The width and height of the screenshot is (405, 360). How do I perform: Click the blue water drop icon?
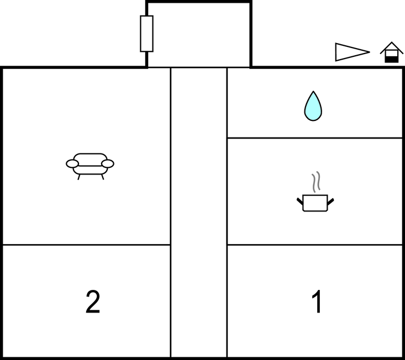313,107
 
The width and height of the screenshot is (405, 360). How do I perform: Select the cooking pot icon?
315,203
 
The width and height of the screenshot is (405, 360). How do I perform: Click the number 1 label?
317,301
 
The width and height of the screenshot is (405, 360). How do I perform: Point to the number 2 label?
93,301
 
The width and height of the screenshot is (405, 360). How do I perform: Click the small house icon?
392,52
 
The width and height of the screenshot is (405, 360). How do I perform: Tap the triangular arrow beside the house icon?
353,52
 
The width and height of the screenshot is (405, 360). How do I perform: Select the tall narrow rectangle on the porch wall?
147,34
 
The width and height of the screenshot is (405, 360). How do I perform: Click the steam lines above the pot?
316,182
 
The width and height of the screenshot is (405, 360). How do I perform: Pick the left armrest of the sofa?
72,163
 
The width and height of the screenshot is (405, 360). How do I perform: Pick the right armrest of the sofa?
108,163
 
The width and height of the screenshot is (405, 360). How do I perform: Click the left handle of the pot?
300,202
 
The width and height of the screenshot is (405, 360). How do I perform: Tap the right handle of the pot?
330,202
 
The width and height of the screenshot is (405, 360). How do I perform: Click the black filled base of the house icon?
392,60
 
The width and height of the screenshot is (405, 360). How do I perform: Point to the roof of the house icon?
392,47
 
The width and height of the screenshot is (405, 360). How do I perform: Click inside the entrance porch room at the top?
199,35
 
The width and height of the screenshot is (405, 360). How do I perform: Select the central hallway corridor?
199,213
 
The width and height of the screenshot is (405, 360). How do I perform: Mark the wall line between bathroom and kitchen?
314,138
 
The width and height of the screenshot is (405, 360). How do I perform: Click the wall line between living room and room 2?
87,245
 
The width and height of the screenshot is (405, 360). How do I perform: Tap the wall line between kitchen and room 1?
314,245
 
